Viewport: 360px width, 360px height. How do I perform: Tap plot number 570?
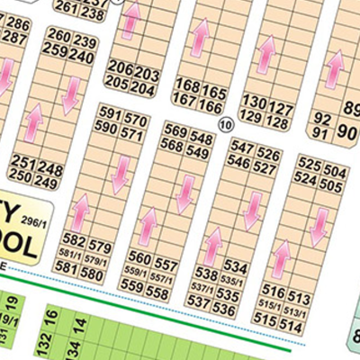[134, 121]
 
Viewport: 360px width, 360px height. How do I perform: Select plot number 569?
[175, 130]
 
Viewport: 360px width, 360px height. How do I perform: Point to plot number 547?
[239, 146]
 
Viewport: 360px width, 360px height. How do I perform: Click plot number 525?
[309, 165]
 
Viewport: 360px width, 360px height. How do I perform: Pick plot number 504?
[333, 171]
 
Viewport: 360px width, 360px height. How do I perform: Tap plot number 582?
[75, 241]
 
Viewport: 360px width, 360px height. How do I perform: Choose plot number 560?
[139, 256]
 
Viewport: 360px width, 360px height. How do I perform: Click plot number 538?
[208, 274]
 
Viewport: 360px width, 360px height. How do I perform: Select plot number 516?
[274, 291]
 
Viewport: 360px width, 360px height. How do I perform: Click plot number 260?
[58, 35]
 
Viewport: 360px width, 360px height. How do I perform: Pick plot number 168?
[187, 85]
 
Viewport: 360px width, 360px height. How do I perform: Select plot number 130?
[255, 103]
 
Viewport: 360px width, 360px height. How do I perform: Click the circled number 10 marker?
[225, 123]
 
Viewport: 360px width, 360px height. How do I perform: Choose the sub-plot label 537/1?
[206, 290]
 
